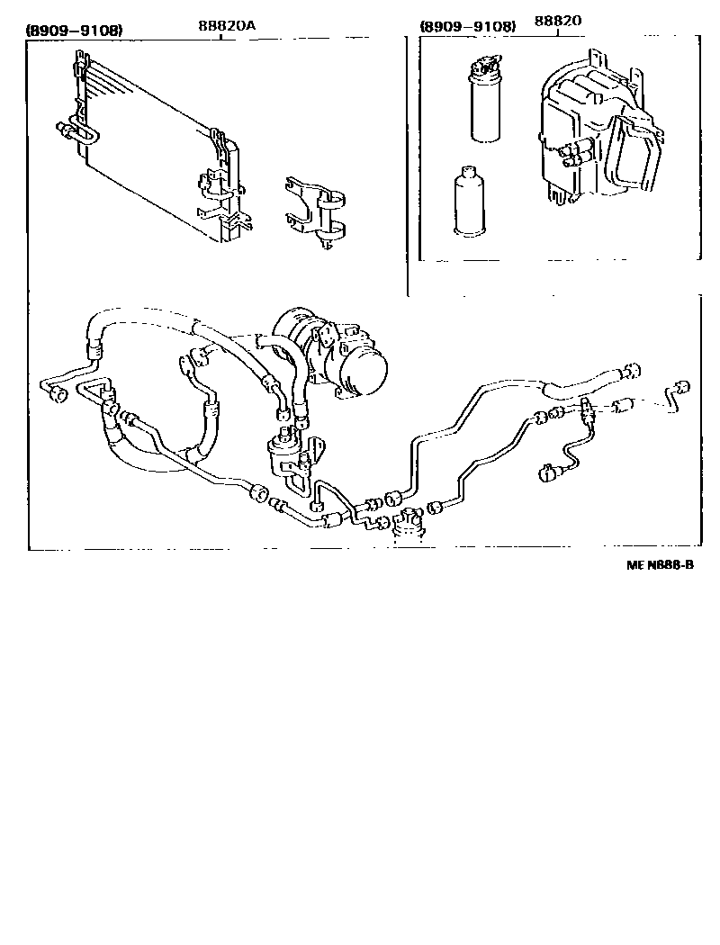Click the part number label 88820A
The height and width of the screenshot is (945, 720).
pos(228,25)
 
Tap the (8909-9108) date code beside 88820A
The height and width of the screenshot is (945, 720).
pos(74,30)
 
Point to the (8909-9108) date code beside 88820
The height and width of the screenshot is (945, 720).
pos(468,27)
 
